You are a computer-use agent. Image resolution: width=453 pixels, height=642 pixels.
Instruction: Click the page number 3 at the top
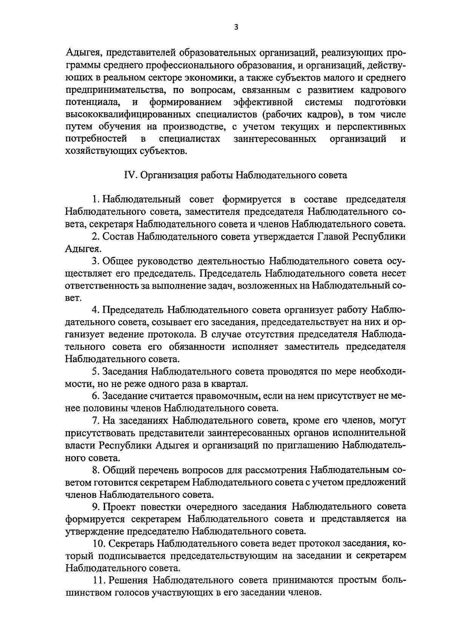(236, 27)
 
